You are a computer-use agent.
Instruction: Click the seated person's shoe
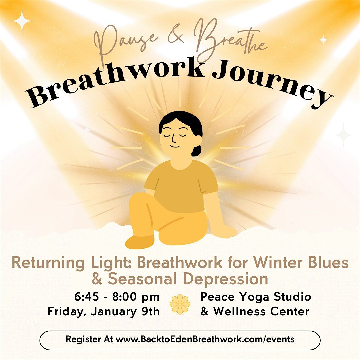coord(140,242)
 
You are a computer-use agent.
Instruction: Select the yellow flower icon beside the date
coord(180,304)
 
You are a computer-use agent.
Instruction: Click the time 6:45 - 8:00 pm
coord(117,297)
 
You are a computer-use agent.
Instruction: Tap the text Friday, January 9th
coord(104,311)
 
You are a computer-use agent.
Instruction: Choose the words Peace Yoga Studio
coord(256,297)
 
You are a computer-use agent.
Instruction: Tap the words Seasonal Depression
coord(188,279)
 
